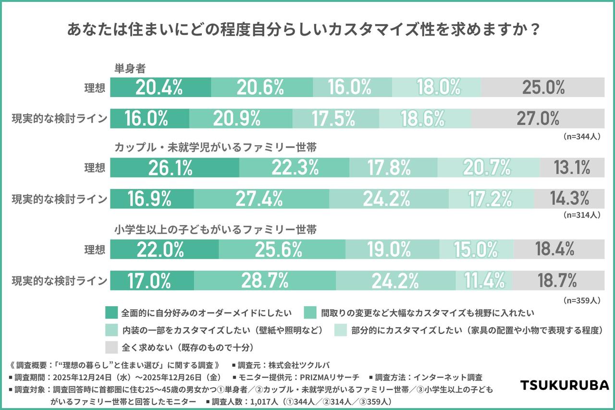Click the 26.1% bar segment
(x=175, y=167)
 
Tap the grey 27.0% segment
(x=537, y=118)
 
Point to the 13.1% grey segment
(x=571, y=167)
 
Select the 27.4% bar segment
(x=261, y=199)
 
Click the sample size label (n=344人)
(x=581, y=137)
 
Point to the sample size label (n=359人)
(x=581, y=300)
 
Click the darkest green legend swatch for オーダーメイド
(x=111, y=313)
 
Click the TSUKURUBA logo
(x=565, y=385)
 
